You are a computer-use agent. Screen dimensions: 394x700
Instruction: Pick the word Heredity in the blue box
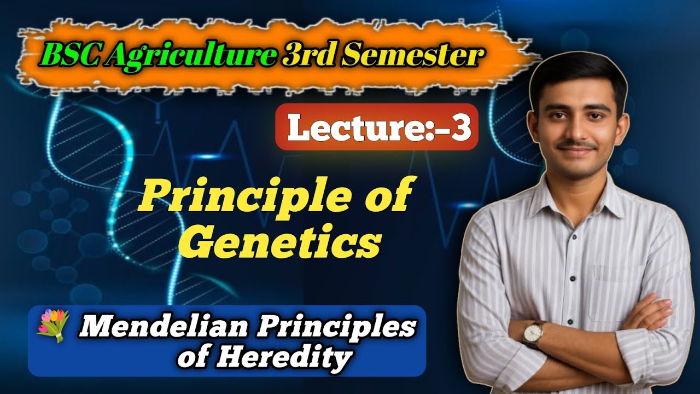pyautogui.click(x=283, y=358)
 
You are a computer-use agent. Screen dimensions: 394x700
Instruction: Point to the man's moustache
pyautogui.click(x=577, y=146)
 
